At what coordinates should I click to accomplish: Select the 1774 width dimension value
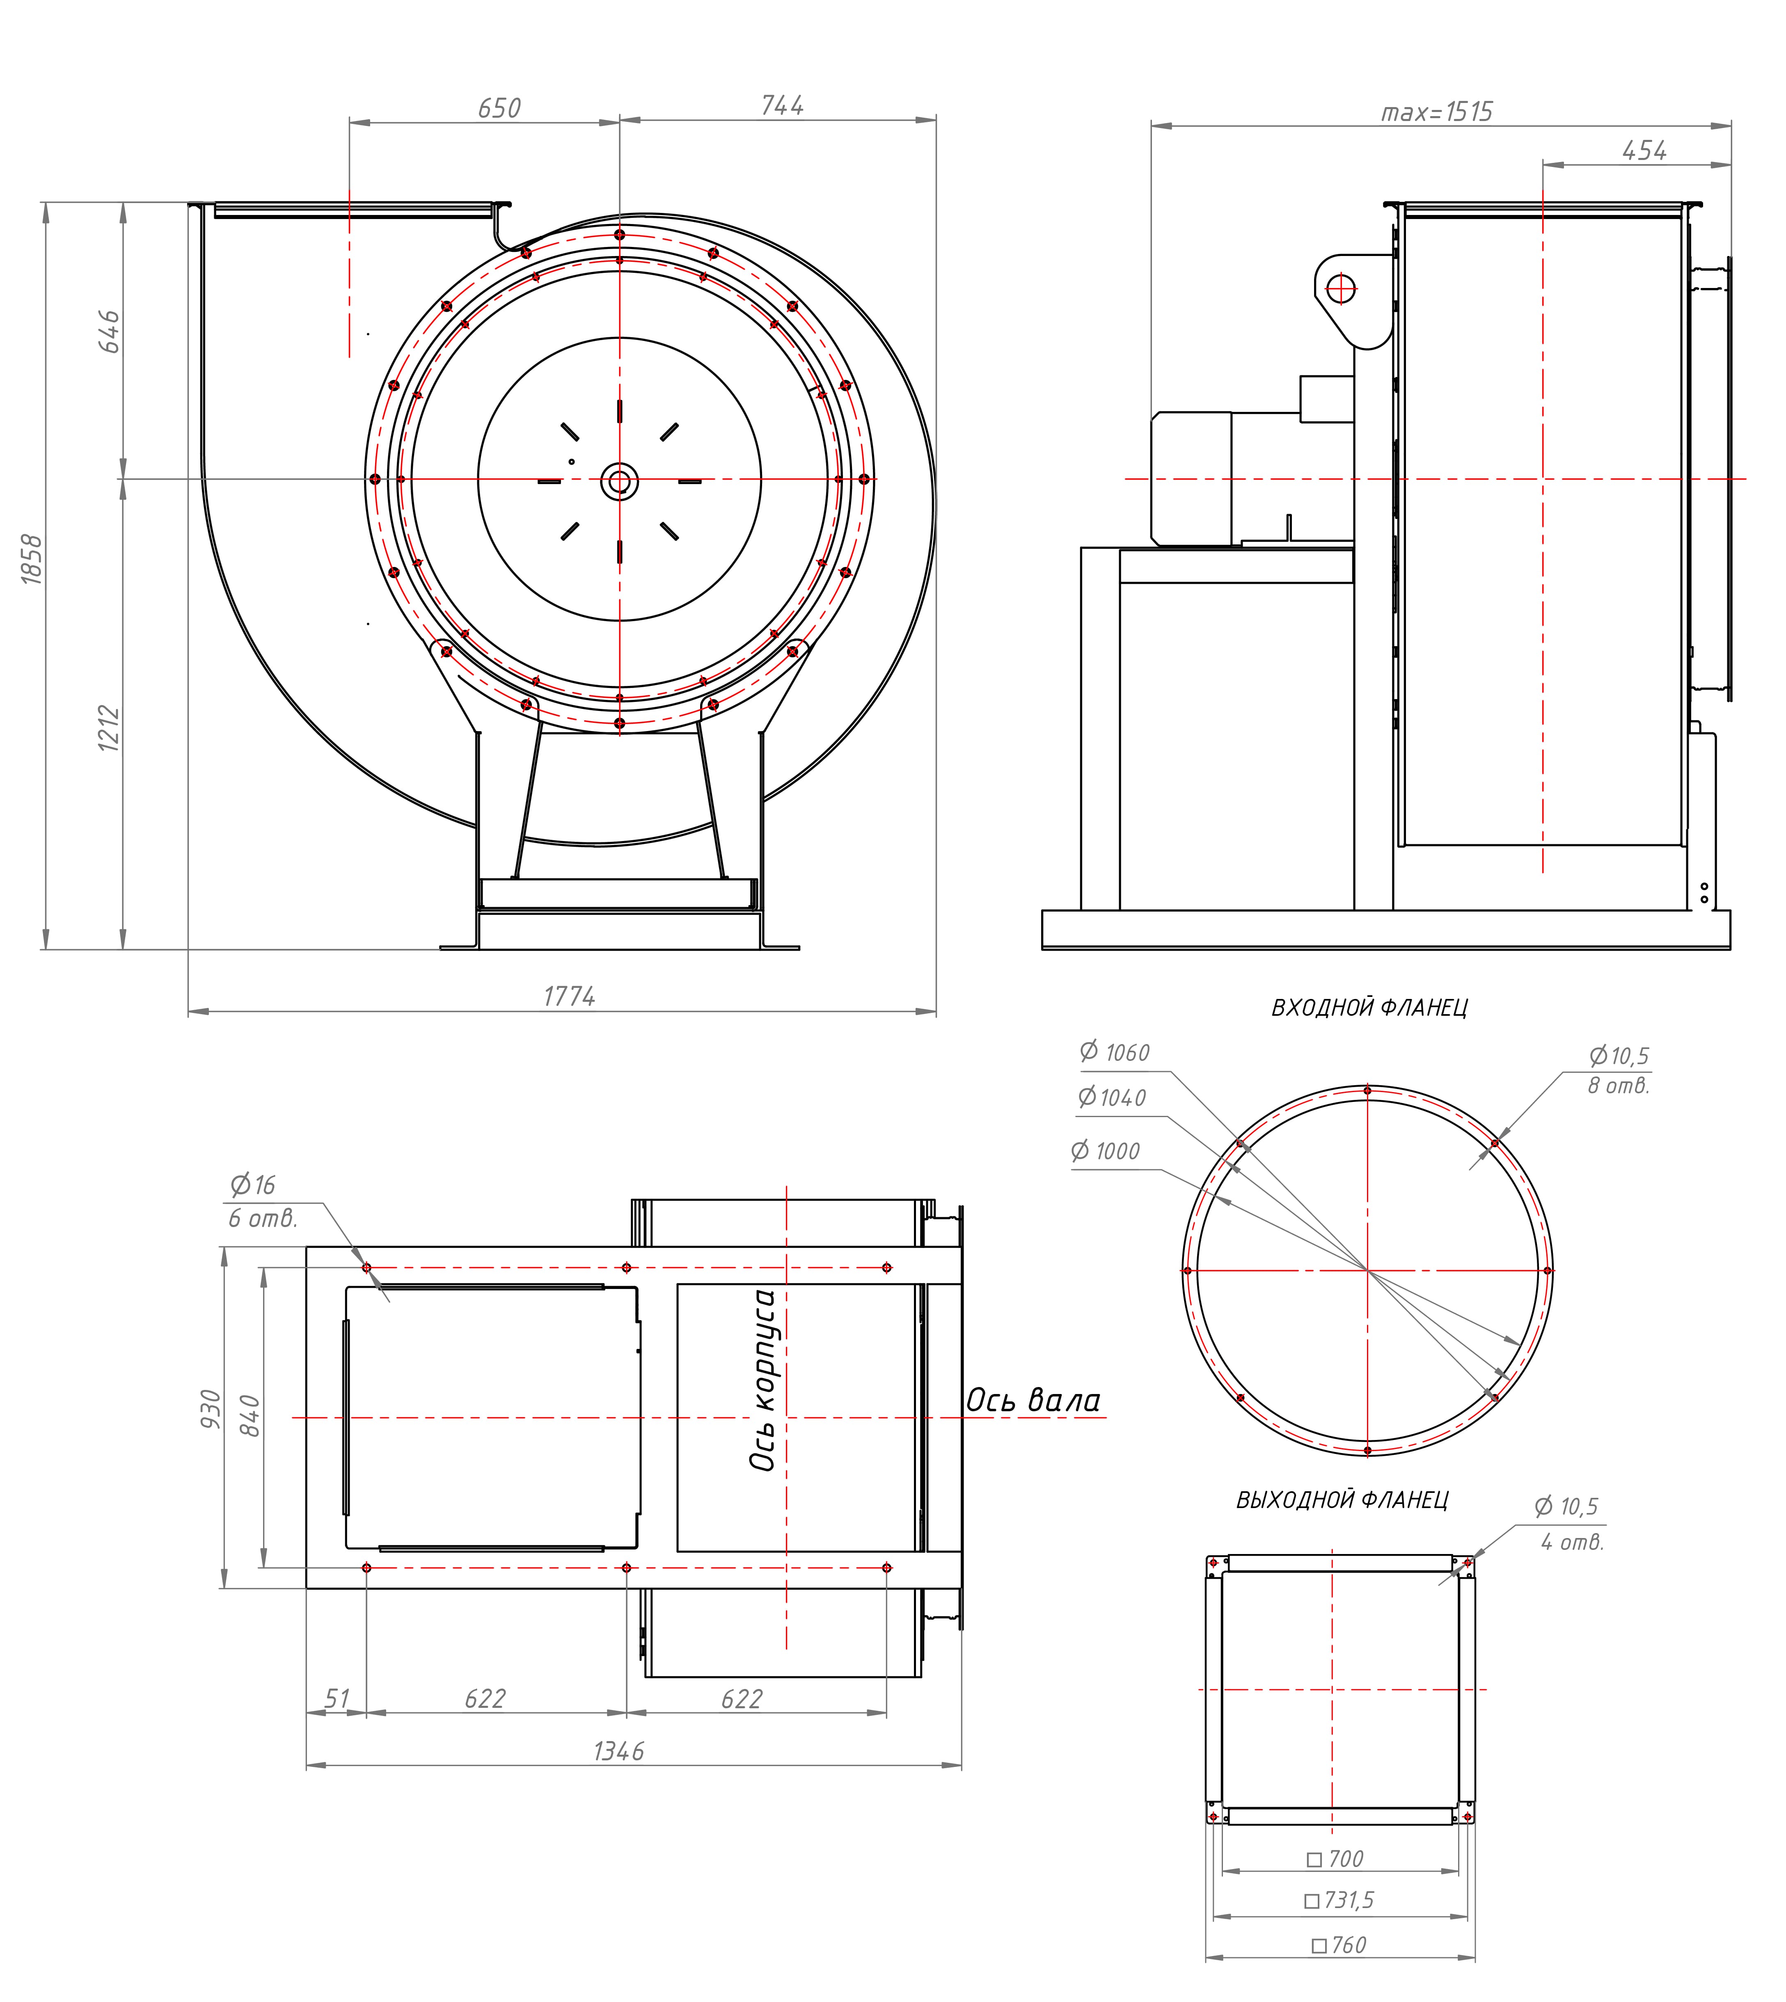[569, 996]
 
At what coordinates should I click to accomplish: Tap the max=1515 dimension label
[1437, 112]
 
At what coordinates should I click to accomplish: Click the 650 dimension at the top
[499, 108]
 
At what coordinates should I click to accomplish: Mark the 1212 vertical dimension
[109, 728]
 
